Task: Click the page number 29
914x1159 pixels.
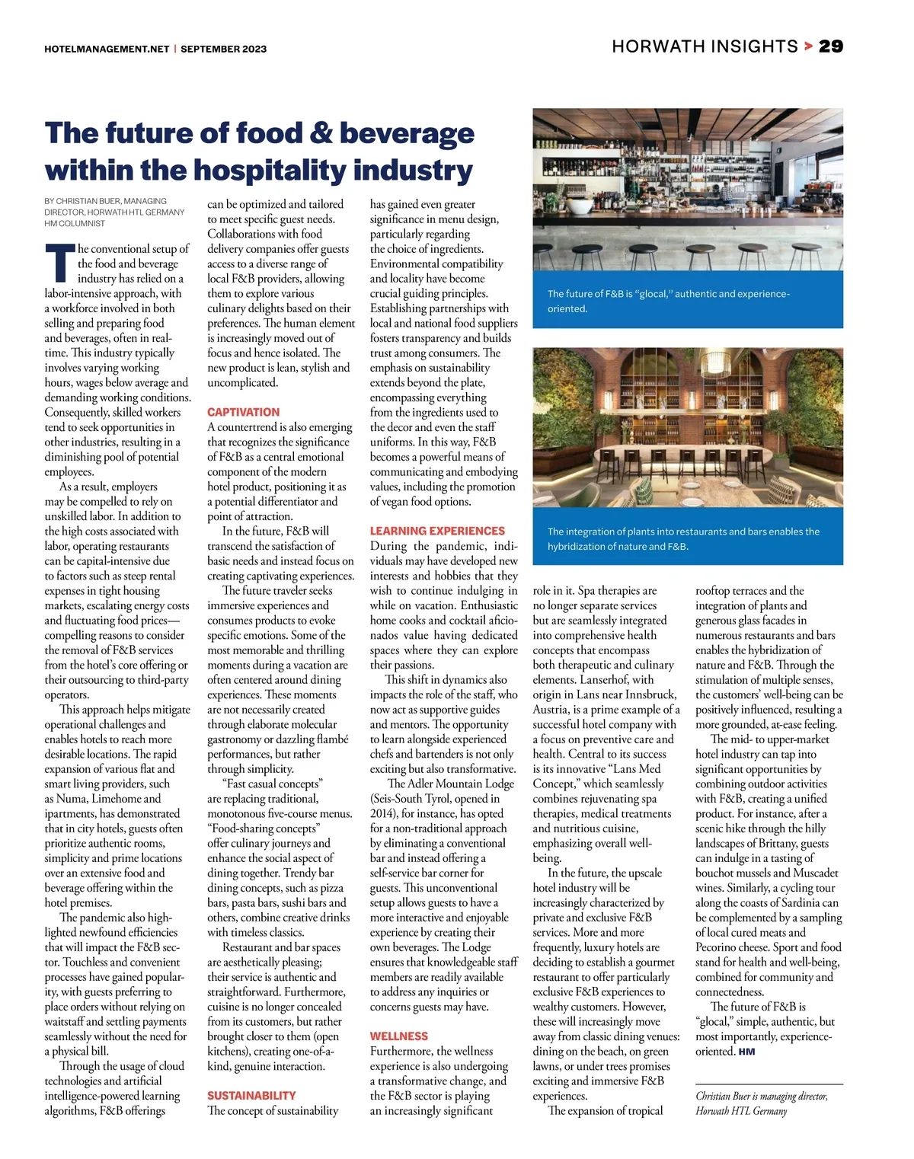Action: pyautogui.click(x=831, y=46)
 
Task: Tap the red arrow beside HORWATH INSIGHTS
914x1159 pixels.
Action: pyautogui.click(x=807, y=46)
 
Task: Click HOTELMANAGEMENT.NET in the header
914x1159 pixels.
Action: pyautogui.click(x=107, y=49)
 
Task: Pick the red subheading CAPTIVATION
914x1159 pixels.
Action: pyautogui.click(x=243, y=412)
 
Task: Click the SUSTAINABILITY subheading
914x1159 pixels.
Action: pyautogui.click(x=251, y=1096)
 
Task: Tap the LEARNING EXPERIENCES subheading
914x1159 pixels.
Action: pyautogui.click(x=437, y=531)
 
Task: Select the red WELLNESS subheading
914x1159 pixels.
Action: pyautogui.click(x=398, y=1036)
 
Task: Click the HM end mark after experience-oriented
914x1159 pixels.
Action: pyautogui.click(x=746, y=1052)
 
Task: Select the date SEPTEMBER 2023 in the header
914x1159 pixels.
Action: pyautogui.click(x=224, y=49)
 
